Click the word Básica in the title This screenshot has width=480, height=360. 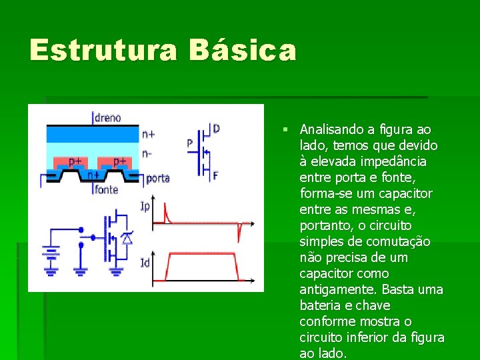(x=242, y=50)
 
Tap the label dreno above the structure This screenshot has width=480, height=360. (x=107, y=118)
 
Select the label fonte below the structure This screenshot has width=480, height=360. (x=106, y=190)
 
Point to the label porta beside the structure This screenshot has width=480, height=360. (x=157, y=178)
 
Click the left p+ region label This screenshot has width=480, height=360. (x=77, y=161)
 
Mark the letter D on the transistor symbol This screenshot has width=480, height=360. (x=215, y=128)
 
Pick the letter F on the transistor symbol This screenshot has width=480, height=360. (x=215, y=177)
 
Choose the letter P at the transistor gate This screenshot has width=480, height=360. (x=190, y=143)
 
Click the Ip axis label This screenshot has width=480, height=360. (x=145, y=206)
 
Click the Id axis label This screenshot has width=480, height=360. (x=145, y=264)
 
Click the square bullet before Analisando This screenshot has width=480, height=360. (x=285, y=129)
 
